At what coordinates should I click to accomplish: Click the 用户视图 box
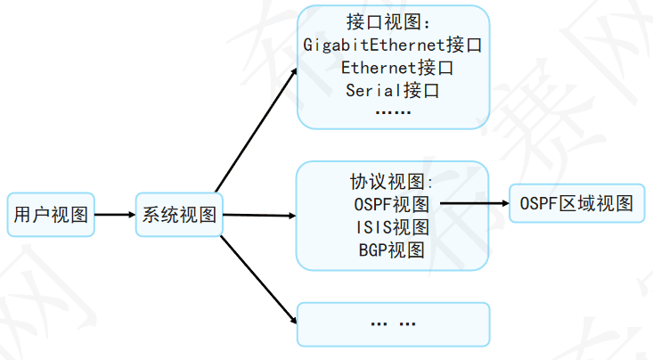coord(50,214)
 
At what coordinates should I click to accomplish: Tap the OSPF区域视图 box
coord(575,204)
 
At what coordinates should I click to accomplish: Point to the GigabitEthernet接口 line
coord(392,45)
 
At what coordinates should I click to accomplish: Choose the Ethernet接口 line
coord(392,68)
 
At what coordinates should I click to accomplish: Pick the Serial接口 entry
coord(392,90)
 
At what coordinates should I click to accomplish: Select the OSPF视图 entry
coord(392,204)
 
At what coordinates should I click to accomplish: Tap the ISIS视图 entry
coord(392,226)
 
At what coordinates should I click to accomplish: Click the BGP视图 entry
coord(392,249)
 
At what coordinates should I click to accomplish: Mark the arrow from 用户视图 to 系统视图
coord(114,214)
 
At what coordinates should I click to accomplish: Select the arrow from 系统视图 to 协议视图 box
coord(258,215)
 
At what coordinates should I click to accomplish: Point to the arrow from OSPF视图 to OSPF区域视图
coord(472,204)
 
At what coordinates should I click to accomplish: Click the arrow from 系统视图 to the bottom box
coord(258,276)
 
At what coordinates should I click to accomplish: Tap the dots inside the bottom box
coord(392,323)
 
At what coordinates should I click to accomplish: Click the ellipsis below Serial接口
coord(392,113)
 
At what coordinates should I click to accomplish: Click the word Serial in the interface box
coord(372,90)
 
